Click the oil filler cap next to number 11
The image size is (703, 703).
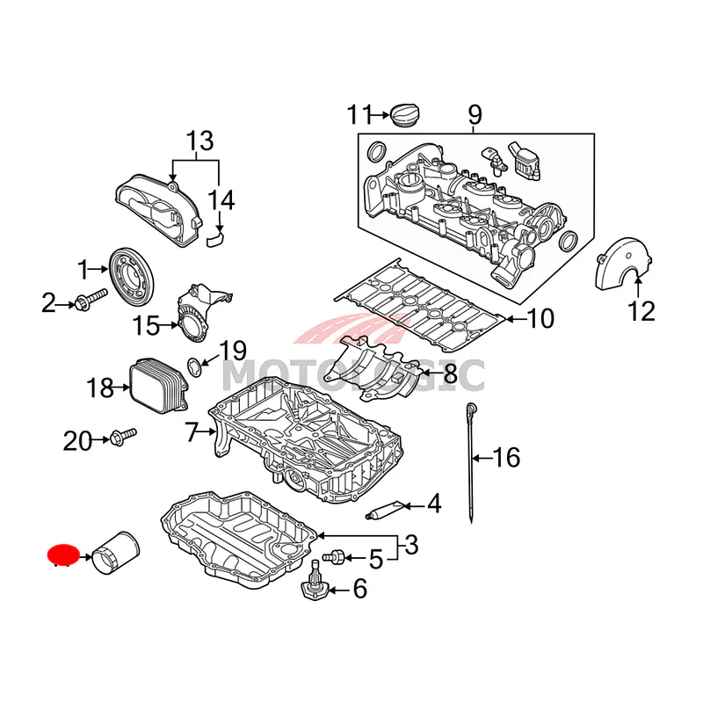405,115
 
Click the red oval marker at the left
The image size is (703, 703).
62,554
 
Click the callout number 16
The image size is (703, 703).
506,458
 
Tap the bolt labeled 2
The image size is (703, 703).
89,304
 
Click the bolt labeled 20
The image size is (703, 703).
124,436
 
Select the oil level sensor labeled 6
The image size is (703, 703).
315,586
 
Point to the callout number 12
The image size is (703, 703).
641,311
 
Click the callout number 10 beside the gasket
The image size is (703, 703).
540,318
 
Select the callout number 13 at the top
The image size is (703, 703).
199,141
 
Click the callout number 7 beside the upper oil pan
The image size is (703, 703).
192,431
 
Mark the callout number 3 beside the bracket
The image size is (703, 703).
410,547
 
